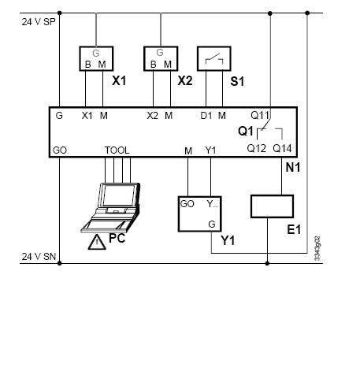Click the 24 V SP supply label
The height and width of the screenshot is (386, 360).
[39, 22]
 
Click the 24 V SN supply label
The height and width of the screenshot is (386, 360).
[39, 257]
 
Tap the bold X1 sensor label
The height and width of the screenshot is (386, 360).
[119, 80]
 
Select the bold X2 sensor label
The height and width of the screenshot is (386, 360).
[185, 80]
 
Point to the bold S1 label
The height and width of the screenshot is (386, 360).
[237, 81]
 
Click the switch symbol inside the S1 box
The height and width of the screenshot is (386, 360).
[214, 59]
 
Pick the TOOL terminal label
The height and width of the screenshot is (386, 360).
[117, 150]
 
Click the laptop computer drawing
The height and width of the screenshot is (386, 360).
[110, 207]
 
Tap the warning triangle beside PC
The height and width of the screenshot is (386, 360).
[97, 242]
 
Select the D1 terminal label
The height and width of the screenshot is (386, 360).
[206, 116]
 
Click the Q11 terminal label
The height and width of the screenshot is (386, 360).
[260, 115]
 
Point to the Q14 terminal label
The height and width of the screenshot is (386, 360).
[282, 148]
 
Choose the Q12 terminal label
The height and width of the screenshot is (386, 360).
[257, 148]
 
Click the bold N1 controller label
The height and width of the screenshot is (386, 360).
[293, 168]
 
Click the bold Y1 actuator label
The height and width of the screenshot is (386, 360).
[228, 240]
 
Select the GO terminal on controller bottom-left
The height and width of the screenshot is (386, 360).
[60, 150]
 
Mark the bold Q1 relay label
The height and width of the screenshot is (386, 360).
[246, 131]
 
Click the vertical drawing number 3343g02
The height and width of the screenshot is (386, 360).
[317, 248]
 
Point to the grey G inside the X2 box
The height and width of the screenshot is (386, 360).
[160, 53]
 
